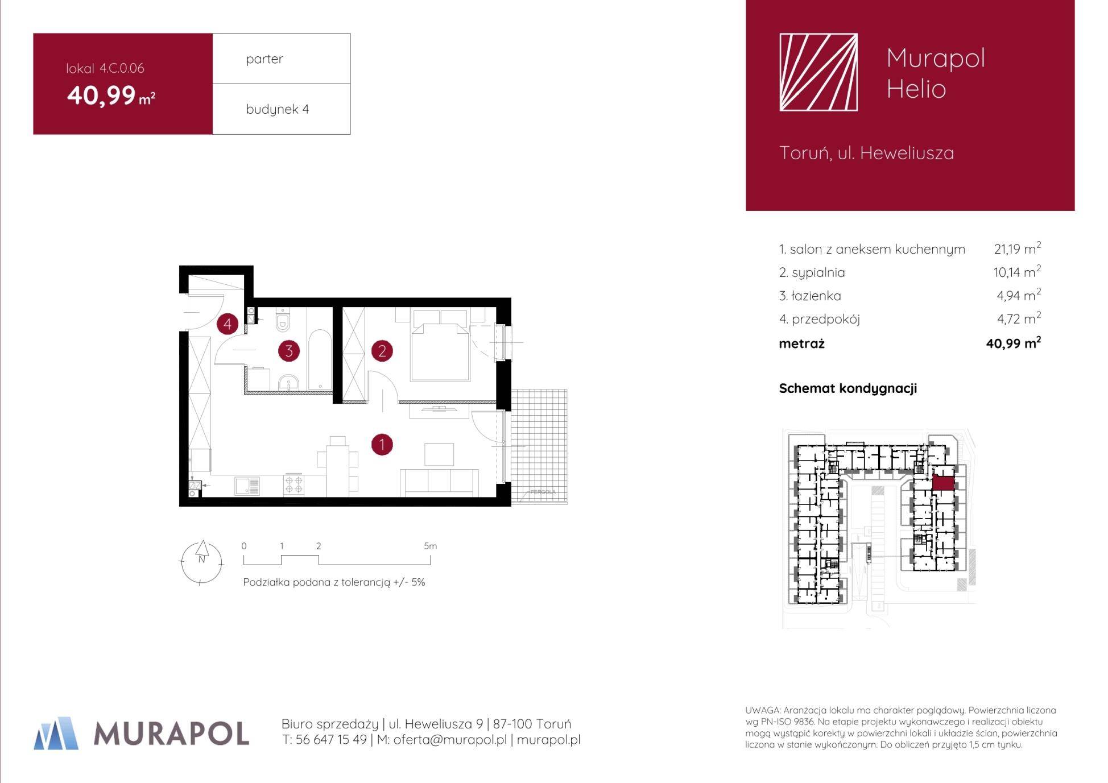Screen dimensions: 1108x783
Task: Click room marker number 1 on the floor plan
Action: (x=382, y=444)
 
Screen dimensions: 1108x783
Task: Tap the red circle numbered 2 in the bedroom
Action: (x=382, y=351)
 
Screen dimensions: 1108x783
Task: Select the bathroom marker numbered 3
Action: (x=289, y=351)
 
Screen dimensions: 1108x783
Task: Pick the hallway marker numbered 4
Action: (x=228, y=324)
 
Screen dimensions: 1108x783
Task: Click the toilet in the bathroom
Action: (x=282, y=320)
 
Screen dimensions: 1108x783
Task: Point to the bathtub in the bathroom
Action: (x=320, y=359)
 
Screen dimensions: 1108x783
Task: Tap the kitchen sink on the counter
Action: (x=247, y=486)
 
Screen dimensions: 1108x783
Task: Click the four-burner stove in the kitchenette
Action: (x=294, y=484)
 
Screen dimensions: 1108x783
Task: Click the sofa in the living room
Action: (x=439, y=482)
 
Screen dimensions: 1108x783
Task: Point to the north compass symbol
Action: (x=201, y=562)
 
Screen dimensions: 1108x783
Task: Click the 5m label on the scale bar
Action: (x=431, y=546)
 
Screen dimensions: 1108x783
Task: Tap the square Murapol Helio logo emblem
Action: (x=818, y=72)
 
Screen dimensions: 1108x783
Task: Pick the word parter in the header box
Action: (x=264, y=59)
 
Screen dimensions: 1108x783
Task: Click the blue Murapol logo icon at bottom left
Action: (x=56, y=733)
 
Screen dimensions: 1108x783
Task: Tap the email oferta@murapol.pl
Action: (x=450, y=740)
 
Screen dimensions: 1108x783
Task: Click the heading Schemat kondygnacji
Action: (x=847, y=388)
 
